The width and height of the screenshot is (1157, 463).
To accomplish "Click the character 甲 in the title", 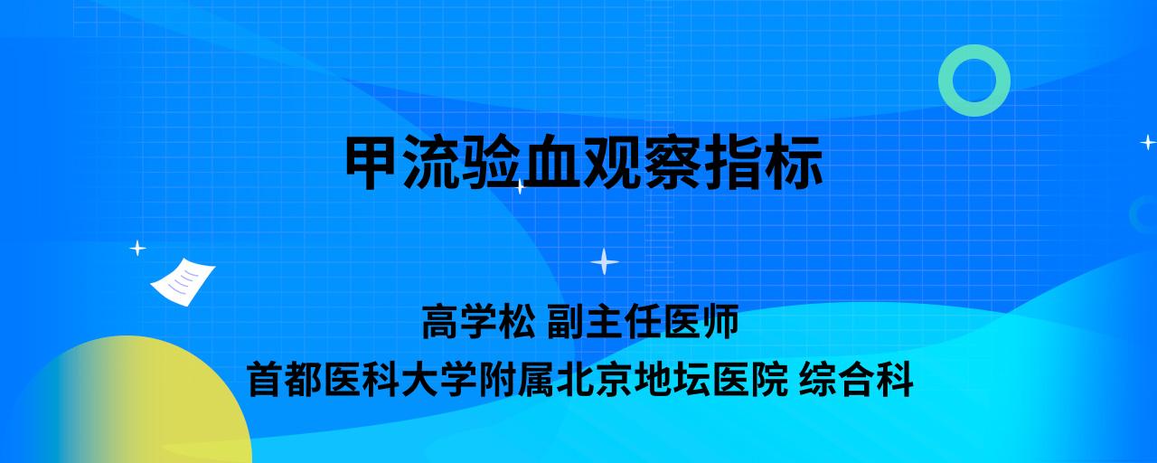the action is click(373, 162).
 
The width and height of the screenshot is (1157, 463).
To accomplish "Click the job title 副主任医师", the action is click(643, 321).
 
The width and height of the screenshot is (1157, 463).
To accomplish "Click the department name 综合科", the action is click(856, 379).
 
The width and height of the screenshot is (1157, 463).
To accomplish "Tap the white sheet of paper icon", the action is click(183, 282).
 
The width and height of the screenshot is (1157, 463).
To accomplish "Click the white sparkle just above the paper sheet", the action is click(137, 249).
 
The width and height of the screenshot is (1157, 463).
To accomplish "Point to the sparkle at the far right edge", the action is click(1148, 142).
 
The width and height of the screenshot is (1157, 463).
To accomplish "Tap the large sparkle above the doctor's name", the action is click(605, 261).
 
